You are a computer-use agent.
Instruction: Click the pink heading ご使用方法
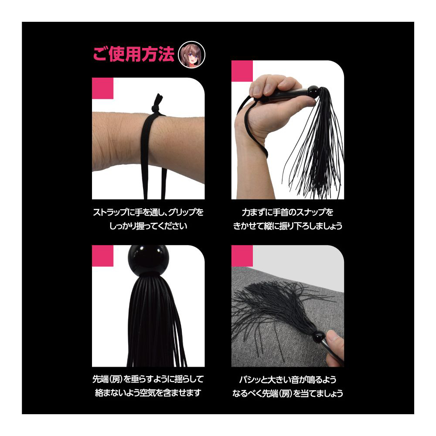click(x=133, y=54)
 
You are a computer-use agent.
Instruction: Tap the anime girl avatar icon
click(x=191, y=55)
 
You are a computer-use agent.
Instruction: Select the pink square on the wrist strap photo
click(x=102, y=88)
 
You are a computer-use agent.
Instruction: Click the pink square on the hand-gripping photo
click(x=242, y=71)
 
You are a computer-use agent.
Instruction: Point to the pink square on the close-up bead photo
click(x=102, y=256)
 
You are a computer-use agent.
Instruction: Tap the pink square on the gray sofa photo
click(x=242, y=256)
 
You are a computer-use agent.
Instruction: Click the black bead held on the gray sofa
click(x=319, y=337)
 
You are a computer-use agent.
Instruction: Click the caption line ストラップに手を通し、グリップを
click(x=148, y=212)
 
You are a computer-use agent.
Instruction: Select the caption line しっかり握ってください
click(x=148, y=226)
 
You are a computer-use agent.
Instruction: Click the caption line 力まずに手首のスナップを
click(x=287, y=212)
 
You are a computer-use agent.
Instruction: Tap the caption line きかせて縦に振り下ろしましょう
click(x=287, y=226)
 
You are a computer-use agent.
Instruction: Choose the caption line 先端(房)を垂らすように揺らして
click(x=148, y=379)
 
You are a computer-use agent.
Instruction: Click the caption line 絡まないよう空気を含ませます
click(x=148, y=393)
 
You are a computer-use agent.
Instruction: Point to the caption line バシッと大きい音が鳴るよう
click(x=287, y=380)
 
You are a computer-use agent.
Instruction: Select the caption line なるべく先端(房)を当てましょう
click(x=287, y=393)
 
